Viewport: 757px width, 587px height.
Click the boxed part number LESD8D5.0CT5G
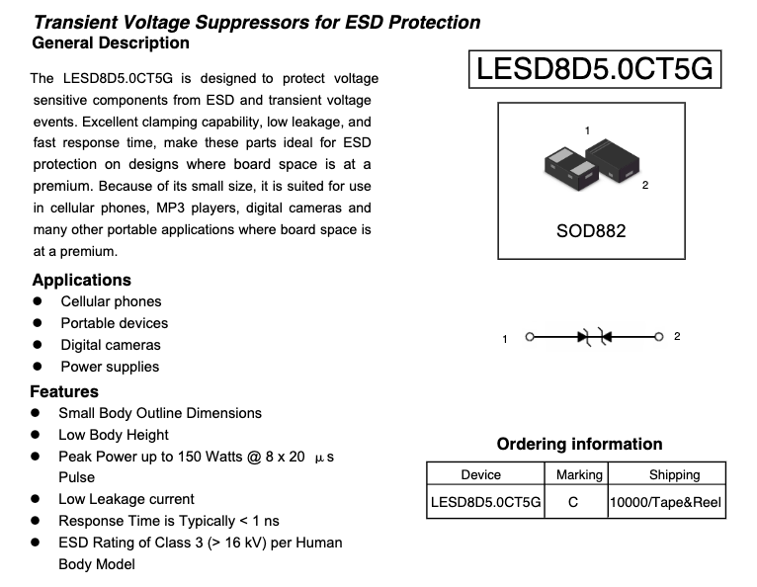(x=593, y=68)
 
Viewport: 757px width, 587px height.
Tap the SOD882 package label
(x=592, y=231)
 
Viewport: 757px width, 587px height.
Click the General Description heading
(x=111, y=42)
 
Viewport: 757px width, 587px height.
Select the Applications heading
(x=81, y=280)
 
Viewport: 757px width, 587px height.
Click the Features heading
(x=64, y=391)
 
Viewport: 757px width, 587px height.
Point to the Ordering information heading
(x=579, y=444)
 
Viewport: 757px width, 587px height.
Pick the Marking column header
(x=579, y=475)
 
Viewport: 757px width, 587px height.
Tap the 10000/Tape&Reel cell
(x=666, y=502)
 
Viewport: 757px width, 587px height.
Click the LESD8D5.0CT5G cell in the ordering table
(x=486, y=502)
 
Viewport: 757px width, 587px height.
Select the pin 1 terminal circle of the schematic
(x=530, y=337)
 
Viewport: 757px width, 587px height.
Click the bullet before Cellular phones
(x=38, y=301)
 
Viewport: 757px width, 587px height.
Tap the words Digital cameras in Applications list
(x=110, y=345)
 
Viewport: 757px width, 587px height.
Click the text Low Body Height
(x=114, y=435)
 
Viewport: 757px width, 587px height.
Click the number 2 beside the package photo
(x=645, y=186)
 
